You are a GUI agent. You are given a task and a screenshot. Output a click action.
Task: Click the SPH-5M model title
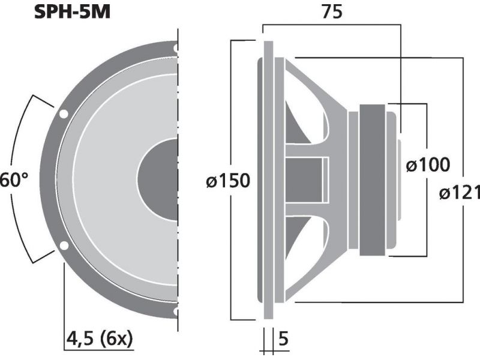[x=72, y=12]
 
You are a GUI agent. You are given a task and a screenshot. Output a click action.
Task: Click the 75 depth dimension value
[x=332, y=12]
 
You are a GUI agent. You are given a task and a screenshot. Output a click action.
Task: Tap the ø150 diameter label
[x=228, y=181]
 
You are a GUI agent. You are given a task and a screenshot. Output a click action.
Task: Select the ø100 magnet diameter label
[x=428, y=165]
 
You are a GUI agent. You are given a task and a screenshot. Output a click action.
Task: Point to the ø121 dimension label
[x=460, y=193]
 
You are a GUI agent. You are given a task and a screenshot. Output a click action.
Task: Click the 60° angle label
[x=14, y=179]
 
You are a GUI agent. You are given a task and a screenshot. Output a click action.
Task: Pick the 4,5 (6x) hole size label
[x=100, y=339]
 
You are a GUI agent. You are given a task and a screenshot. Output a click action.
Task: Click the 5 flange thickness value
[x=284, y=338]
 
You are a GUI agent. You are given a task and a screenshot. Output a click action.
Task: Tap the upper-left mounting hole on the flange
[x=64, y=114]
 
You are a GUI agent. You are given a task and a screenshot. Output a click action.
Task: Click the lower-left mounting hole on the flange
[x=64, y=246]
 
